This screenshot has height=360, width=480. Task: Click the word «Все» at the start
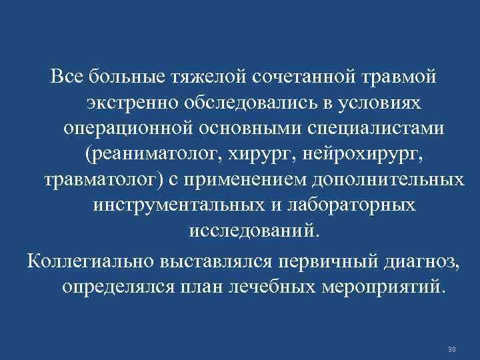66,78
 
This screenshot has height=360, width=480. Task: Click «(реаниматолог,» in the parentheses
153,154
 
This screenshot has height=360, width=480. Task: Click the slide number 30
452,349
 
